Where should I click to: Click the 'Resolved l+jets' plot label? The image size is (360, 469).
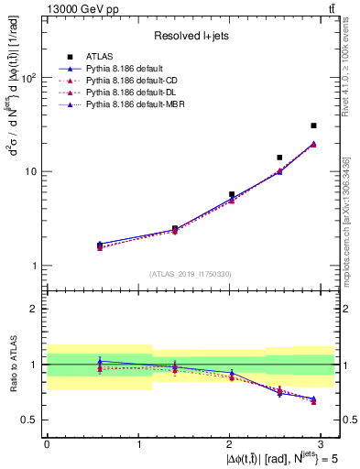190,35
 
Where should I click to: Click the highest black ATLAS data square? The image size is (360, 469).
313,125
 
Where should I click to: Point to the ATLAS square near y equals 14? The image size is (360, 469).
279,158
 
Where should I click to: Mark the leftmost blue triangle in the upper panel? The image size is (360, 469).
100,244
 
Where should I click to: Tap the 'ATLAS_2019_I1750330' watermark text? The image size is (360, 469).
190,273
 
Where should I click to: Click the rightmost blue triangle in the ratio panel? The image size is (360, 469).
313,398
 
